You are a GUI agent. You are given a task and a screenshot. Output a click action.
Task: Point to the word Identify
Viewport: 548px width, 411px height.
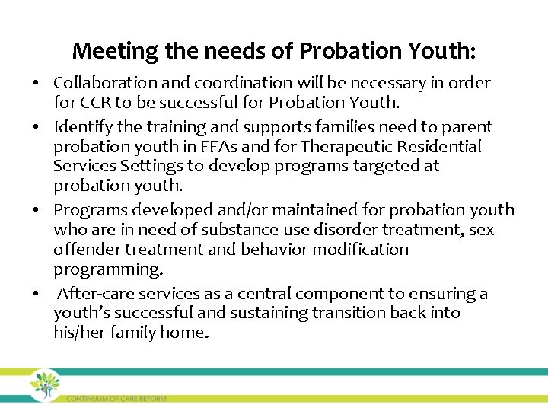83,127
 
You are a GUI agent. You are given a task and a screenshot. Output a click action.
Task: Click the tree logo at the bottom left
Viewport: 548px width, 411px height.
45,384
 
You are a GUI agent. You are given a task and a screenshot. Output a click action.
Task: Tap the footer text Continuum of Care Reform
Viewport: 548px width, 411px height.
116,398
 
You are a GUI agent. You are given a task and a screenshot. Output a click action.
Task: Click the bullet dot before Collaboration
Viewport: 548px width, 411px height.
37,83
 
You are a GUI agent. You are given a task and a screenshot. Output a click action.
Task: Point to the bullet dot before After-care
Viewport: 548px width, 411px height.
37,294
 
